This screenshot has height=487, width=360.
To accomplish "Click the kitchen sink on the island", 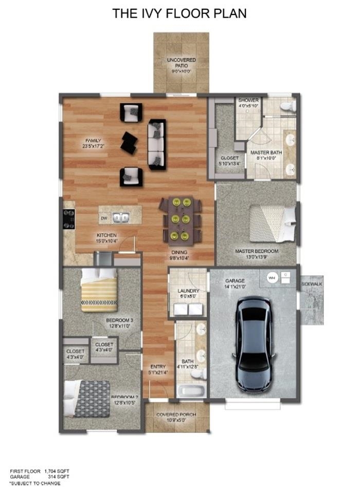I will [x=121, y=218].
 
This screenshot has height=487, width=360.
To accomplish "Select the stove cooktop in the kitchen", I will [x=68, y=219].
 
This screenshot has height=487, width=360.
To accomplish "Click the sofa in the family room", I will [x=156, y=144].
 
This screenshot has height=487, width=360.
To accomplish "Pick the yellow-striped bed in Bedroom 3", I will [x=99, y=291].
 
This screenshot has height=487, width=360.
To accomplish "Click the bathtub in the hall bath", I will [x=191, y=392].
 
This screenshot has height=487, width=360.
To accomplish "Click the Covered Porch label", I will [x=177, y=414].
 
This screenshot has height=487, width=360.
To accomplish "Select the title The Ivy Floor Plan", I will [x=179, y=13].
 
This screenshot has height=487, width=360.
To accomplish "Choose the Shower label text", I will [x=248, y=100].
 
